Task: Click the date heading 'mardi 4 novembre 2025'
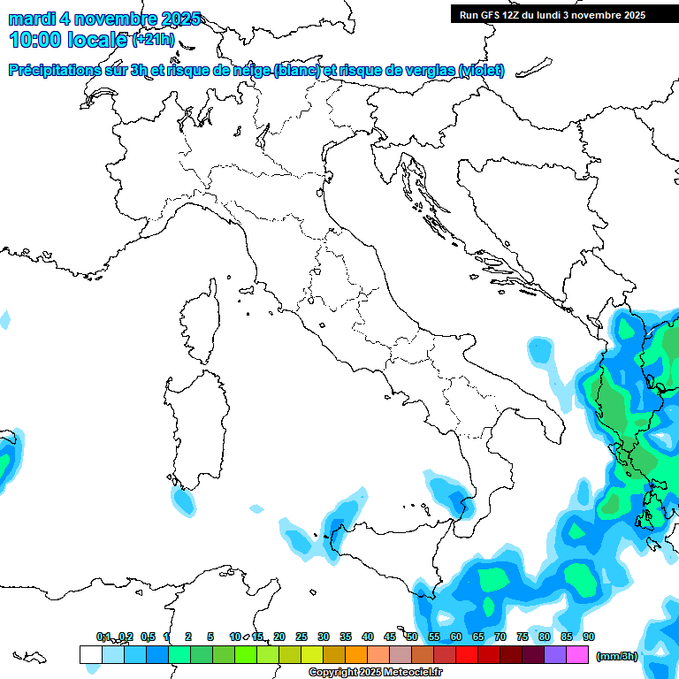pos(104,19)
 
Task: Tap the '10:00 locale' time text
pos(68,39)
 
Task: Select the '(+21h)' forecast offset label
pos(153,40)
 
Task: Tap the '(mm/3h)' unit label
pos(616,656)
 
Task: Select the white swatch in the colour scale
pos(90,654)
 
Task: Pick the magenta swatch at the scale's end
pos(577,654)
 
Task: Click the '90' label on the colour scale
pos(588,637)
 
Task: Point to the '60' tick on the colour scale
pos(455,637)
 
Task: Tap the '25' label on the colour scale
pos(301,637)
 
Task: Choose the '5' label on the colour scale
pos(210,637)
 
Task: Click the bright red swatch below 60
pos(466,654)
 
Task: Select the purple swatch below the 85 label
pos(555,654)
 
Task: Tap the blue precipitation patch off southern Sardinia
pos(183,501)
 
